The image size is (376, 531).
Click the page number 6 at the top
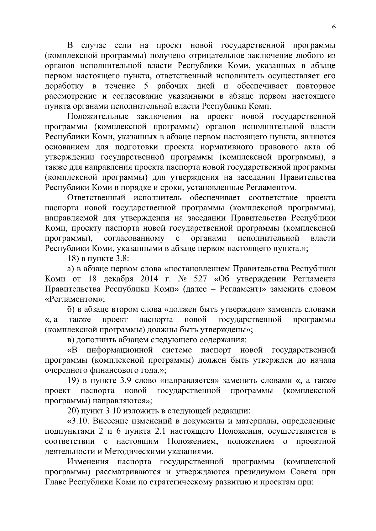334,27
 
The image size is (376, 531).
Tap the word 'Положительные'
98,117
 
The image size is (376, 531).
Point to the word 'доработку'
64,86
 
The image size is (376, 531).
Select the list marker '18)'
74,259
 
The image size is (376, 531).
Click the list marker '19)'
74,380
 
